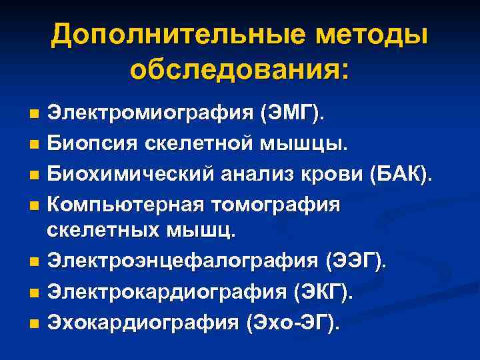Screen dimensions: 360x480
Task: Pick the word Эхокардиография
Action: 143,323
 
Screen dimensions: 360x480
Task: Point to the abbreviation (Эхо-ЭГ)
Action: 294,323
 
